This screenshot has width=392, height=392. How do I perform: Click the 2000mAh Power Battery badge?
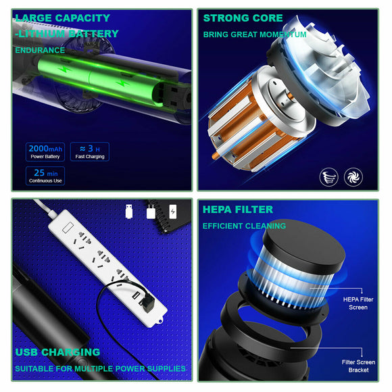(45, 152)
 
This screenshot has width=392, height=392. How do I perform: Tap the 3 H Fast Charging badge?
(90, 152)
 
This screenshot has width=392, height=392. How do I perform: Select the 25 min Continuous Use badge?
(45, 176)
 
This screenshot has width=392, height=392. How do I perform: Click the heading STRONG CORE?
(243, 18)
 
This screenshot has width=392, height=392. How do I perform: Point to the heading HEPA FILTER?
(238, 210)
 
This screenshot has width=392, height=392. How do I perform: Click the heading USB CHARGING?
(57, 352)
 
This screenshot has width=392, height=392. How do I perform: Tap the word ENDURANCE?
(40, 50)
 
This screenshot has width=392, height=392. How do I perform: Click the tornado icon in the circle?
(328, 177)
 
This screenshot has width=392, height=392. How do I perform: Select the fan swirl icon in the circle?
(353, 177)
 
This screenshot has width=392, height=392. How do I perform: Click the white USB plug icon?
(129, 212)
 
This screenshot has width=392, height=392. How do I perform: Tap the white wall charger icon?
(151, 212)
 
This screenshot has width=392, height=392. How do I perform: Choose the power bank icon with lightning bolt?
(173, 212)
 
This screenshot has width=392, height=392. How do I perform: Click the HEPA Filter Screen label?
(358, 303)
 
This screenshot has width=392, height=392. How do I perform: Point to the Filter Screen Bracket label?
(358, 366)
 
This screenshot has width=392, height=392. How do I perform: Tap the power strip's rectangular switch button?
(68, 227)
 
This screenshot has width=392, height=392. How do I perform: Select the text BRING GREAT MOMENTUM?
(255, 34)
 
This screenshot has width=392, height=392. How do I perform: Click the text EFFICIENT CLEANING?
(244, 226)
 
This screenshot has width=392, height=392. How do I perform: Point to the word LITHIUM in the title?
(42, 34)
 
